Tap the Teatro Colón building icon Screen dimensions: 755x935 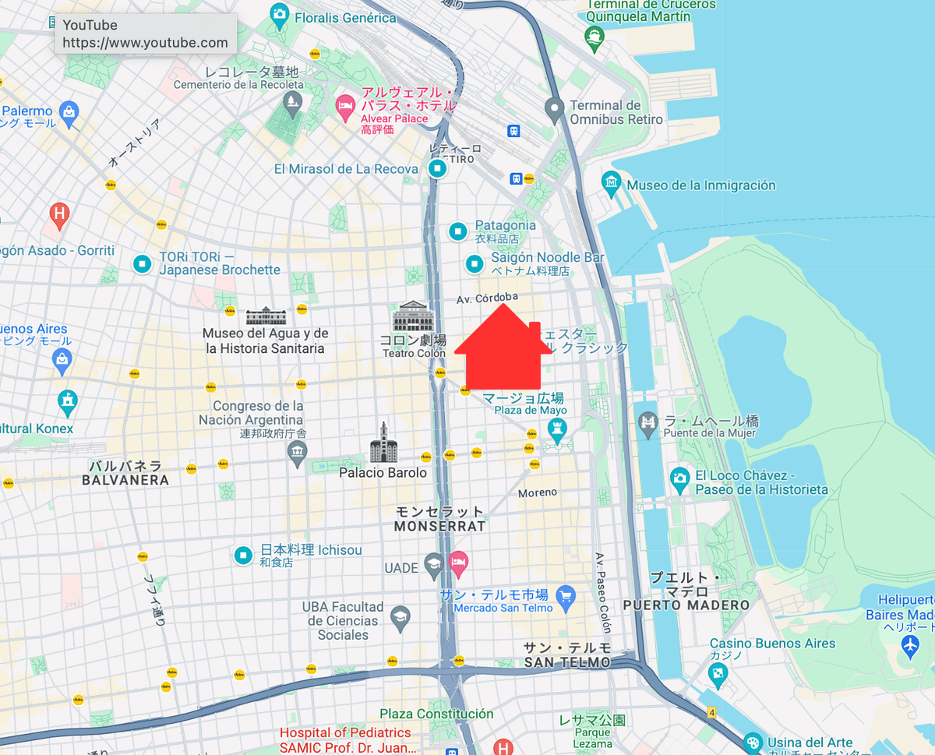point(413,317)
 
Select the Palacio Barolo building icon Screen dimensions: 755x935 point(383,443)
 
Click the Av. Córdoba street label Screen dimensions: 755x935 point(487,297)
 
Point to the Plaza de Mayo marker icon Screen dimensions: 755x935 point(556,428)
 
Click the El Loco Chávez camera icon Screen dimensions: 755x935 point(680,478)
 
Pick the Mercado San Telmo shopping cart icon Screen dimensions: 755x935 point(566,595)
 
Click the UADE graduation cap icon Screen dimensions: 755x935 point(434,566)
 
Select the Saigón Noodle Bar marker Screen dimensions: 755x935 point(474,264)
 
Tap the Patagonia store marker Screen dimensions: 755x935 point(458,231)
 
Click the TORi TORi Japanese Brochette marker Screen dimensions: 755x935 point(142,264)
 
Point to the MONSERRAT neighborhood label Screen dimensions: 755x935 point(439,526)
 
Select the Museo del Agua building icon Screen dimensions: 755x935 point(266,316)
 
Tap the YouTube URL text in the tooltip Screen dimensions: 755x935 point(146,43)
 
